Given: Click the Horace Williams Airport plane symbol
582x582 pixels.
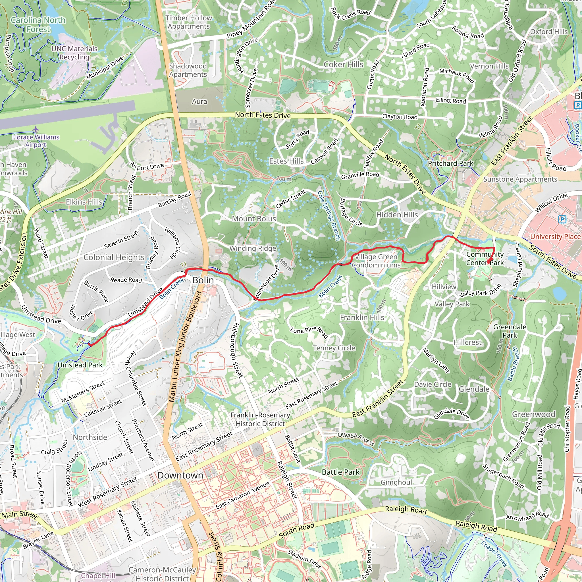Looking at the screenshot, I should click(x=36, y=129).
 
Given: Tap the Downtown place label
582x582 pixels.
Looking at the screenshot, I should click(x=180, y=475).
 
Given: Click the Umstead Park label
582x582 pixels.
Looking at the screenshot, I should click(x=80, y=365).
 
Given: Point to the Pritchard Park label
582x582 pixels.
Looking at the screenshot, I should click(x=450, y=163).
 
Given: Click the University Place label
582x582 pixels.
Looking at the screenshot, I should click(x=555, y=236).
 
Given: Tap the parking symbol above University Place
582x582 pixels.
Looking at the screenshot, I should click(x=562, y=220).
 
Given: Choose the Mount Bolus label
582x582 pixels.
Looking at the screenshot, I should click(x=254, y=219).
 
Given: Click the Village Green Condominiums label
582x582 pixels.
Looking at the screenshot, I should click(x=376, y=261).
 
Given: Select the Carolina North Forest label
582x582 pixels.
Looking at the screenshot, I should click(x=38, y=25).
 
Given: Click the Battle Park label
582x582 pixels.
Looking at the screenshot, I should click(x=341, y=472).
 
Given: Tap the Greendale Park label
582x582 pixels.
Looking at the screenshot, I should click(x=510, y=331).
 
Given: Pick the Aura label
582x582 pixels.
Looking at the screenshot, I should click(x=199, y=101).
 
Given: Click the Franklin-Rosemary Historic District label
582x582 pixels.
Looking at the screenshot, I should click(x=260, y=419).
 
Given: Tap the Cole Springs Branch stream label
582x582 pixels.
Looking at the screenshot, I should click(x=329, y=215).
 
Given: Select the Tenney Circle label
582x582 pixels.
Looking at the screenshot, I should click(x=334, y=348).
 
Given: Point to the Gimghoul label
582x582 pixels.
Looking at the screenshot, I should click(x=396, y=482).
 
